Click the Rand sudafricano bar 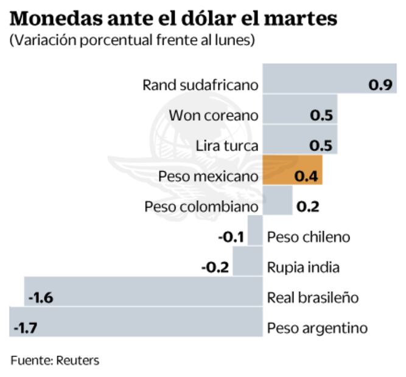pyautogui.click(x=329, y=78)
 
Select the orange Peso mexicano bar pyautogui.click(x=292, y=170)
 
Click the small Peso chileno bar pyautogui.click(x=255, y=230)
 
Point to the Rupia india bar pyautogui.click(x=247, y=261)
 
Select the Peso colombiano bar pyautogui.click(x=277, y=200)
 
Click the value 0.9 pyautogui.click(x=380, y=85)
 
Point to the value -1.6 pyautogui.click(x=42, y=298)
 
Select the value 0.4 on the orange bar pyautogui.click(x=306, y=176)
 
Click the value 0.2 pyautogui.click(x=308, y=207)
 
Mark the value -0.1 pyautogui.click(x=232, y=237)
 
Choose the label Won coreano pyautogui.click(x=213, y=116)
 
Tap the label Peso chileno pyautogui.click(x=309, y=237)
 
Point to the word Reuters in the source pyautogui.click(x=78, y=360)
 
